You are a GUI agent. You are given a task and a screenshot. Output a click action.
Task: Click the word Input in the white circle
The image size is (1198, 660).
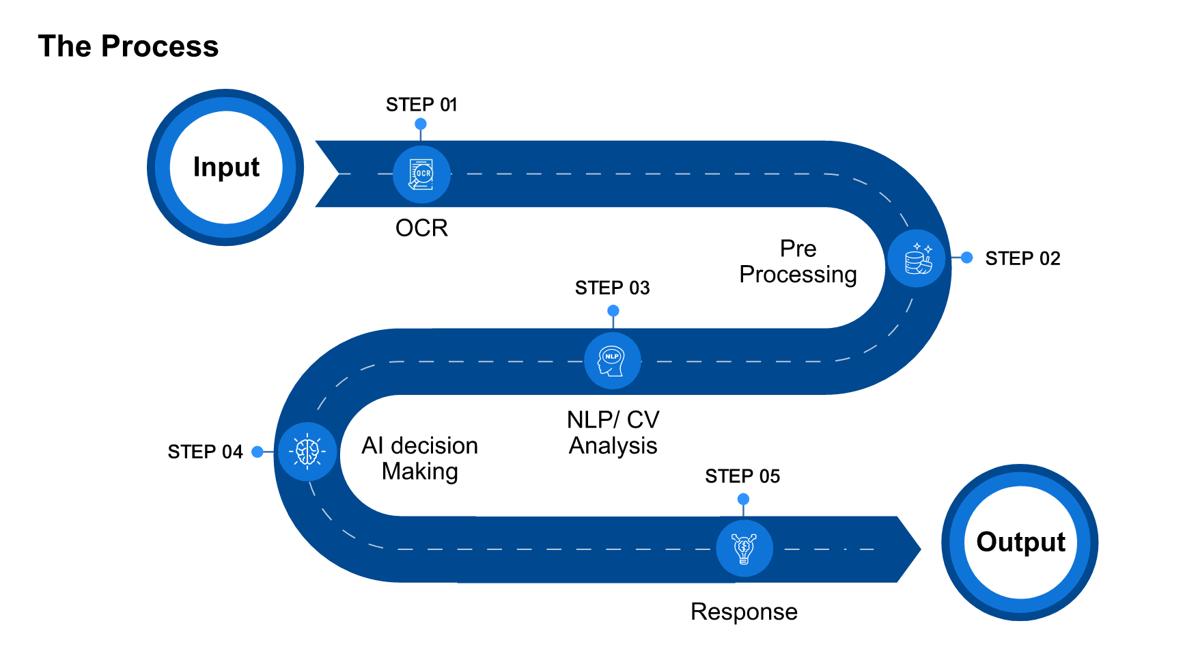[x=226, y=167]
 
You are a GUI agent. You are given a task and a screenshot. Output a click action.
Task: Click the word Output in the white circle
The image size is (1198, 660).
[x=1020, y=542]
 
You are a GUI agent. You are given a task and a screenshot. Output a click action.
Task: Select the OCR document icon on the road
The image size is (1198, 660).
[x=421, y=174]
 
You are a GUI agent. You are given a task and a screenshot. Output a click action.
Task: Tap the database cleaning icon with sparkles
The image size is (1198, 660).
[x=917, y=259]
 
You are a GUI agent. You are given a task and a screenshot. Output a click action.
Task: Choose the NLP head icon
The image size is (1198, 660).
[x=612, y=361]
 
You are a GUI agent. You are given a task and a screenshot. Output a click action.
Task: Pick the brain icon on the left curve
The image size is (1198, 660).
[x=307, y=452]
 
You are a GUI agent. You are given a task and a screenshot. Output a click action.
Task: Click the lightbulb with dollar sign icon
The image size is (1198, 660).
[x=744, y=548]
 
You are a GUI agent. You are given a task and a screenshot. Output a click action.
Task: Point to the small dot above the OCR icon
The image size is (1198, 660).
[x=421, y=124]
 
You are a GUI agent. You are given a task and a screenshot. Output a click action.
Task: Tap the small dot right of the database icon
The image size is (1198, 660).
[x=966, y=258]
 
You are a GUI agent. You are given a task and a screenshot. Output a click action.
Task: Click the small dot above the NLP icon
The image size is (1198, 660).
[x=613, y=311]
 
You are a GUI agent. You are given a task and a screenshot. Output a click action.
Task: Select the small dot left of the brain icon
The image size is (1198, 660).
[x=257, y=452]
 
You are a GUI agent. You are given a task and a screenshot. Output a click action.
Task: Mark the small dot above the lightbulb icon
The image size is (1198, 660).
[x=744, y=499]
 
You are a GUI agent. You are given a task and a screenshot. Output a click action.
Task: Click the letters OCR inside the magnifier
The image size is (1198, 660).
[x=424, y=174]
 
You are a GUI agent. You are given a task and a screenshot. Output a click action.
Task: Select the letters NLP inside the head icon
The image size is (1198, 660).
[x=612, y=357]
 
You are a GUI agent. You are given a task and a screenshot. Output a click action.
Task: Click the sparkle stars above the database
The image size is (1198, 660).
[x=923, y=247]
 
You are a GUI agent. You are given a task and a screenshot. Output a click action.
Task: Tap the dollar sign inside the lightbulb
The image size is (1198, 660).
[x=743, y=546]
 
